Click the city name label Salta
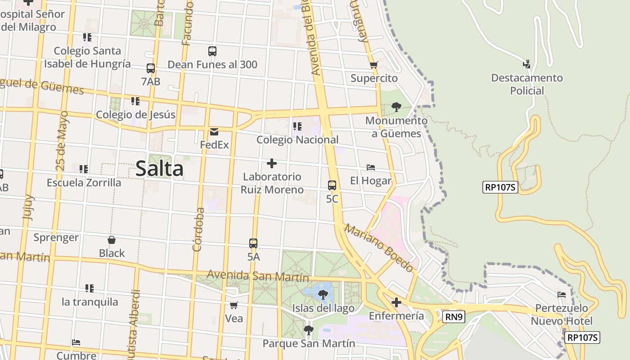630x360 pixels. (159, 169)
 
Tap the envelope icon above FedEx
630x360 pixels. (214, 132)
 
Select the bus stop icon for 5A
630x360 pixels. (253, 243)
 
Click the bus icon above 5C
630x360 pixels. (332, 185)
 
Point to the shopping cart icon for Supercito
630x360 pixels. (373, 65)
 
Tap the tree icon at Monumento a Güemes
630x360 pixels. (396, 107)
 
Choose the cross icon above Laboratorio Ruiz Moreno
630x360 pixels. (272, 163)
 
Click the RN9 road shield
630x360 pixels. (453, 317)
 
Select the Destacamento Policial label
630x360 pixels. (527, 84)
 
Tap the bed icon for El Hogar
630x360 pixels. (371, 167)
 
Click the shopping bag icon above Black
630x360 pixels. (112, 240)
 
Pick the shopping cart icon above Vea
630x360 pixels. (234, 306)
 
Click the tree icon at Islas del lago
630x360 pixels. (323, 295)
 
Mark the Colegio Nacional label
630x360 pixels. (297, 140)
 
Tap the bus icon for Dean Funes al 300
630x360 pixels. (212, 51)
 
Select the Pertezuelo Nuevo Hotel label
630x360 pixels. (562, 315)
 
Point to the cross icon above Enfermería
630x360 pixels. (396, 302)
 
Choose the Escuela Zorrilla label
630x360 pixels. (84, 183)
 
